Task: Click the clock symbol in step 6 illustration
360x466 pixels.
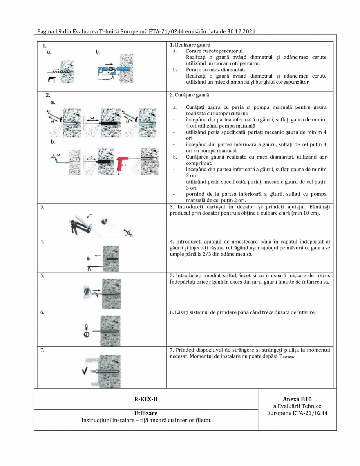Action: point(86,334)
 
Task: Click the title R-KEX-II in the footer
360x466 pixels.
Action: point(146,399)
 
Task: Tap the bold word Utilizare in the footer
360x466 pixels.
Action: point(146,413)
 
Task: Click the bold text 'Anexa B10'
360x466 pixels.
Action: point(297,399)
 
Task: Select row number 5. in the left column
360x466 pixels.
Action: point(43,276)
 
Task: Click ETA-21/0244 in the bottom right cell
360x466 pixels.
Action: point(312,413)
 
